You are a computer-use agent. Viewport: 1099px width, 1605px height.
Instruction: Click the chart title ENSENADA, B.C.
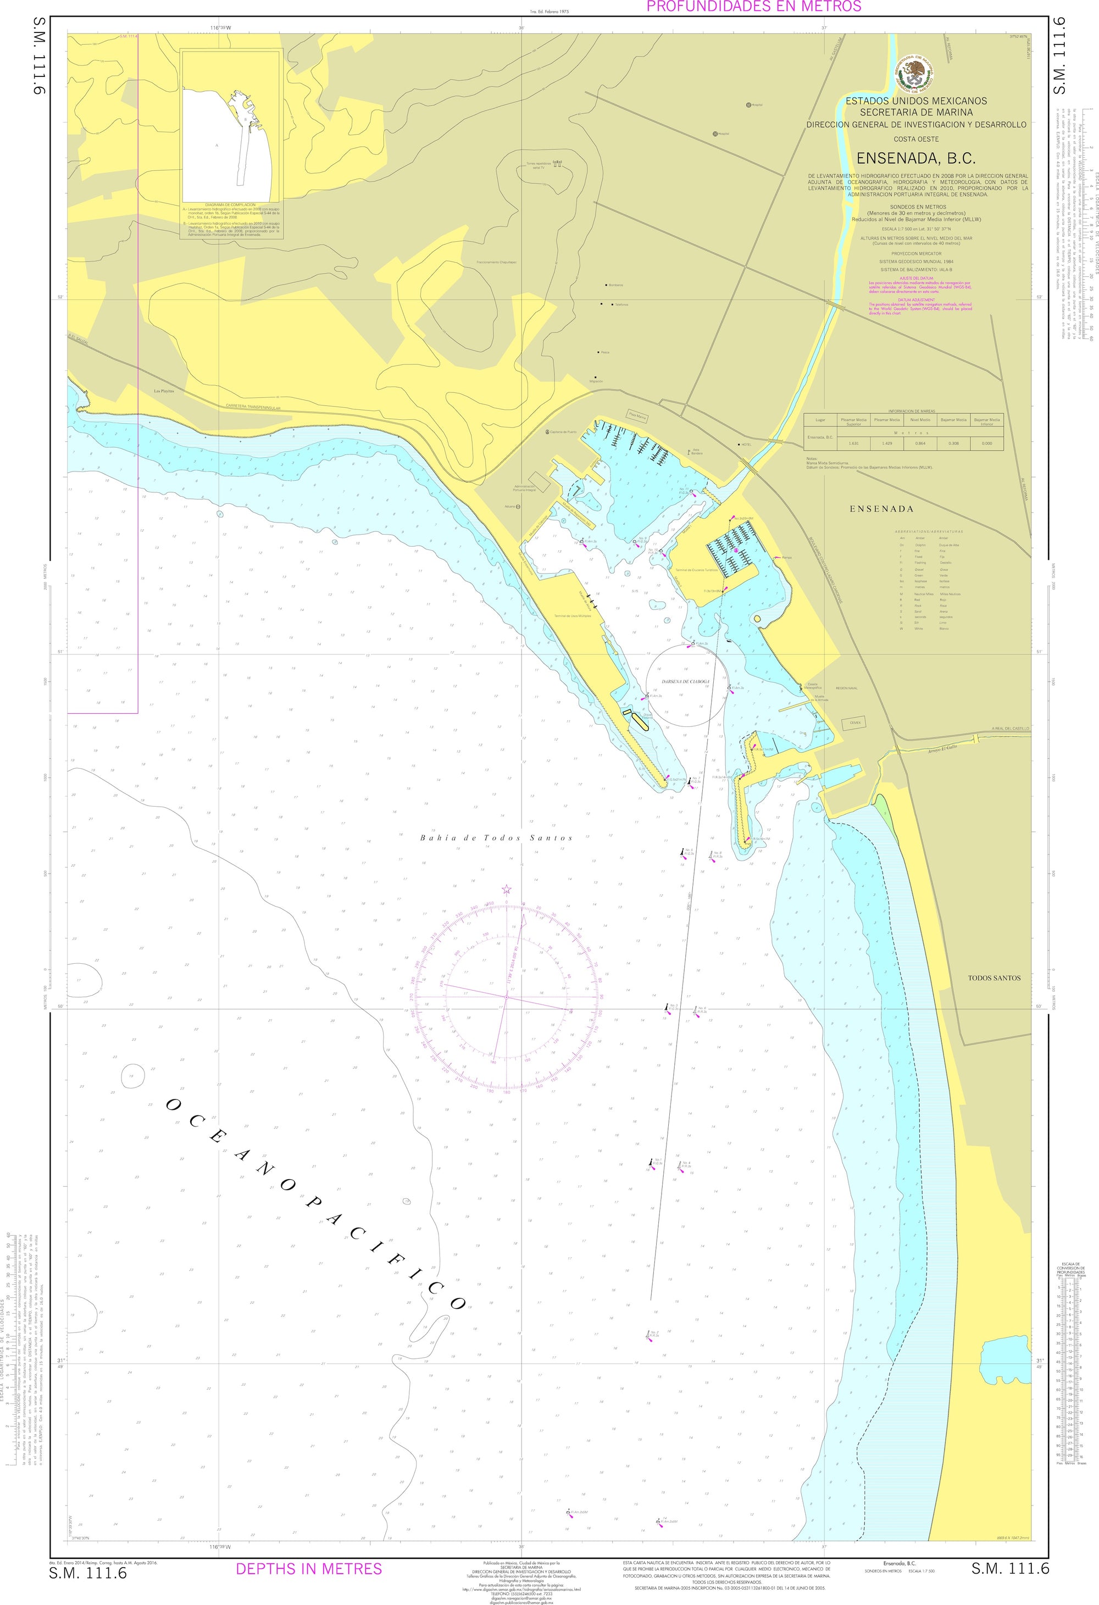click(916, 159)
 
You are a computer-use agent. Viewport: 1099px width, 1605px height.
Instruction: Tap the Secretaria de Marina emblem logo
click(916, 75)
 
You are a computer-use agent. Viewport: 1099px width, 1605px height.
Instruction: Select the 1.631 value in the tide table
click(852, 443)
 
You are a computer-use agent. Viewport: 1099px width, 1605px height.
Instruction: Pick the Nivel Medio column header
click(919, 420)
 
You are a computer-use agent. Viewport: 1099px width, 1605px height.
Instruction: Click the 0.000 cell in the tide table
click(986, 443)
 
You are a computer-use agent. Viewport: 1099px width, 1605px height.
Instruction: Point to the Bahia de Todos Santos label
click(496, 838)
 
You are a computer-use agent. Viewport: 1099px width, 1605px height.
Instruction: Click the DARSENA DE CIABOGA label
click(686, 681)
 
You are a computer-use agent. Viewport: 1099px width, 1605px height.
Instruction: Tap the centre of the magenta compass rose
click(506, 997)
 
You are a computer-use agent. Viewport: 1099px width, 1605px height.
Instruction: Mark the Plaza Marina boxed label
click(637, 416)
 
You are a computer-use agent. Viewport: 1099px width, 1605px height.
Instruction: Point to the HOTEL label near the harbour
click(746, 445)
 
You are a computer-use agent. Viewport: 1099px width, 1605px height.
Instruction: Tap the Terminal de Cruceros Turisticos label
click(696, 570)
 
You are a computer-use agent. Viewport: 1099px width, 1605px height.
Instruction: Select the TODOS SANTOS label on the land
click(993, 978)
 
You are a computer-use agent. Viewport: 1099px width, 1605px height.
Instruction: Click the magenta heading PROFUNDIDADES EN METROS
click(753, 7)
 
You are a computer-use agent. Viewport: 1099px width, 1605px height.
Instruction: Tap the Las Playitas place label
click(164, 391)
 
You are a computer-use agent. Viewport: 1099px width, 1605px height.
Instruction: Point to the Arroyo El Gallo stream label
click(942, 747)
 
